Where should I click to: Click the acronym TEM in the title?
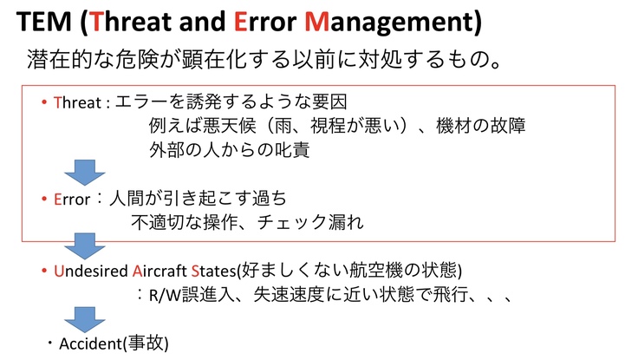(44, 22)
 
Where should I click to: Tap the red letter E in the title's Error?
(240, 22)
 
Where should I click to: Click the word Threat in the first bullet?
(77, 102)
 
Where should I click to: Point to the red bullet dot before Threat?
(44, 102)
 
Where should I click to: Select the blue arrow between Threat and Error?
(85, 173)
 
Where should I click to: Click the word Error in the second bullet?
(72, 200)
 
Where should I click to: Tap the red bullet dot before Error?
(44, 199)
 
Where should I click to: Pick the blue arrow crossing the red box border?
(85, 246)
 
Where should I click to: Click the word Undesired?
(91, 272)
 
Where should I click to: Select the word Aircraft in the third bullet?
(159, 272)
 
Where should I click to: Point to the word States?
(213, 272)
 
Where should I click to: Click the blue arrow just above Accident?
(85, 320)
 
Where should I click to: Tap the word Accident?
(90, 344)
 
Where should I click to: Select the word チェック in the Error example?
(292, 222)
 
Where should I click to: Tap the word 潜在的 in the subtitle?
(59, 59)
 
